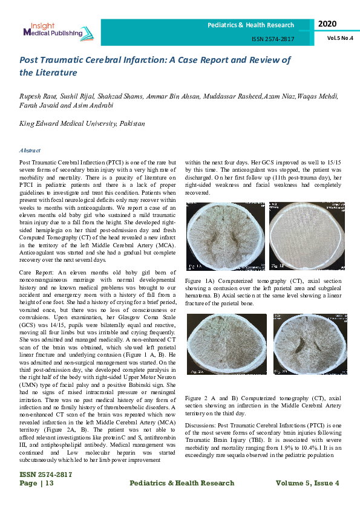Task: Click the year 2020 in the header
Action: (x=327, y=24)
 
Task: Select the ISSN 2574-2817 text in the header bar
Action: (x=273, y=39)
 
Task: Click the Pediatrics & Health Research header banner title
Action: (x=250, y=25)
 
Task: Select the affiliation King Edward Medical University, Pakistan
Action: (x=82, y=123)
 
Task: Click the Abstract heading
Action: (x=30, y=151)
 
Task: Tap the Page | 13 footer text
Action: (x=37, y=483)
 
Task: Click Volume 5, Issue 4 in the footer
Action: (x=307, y=483)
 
